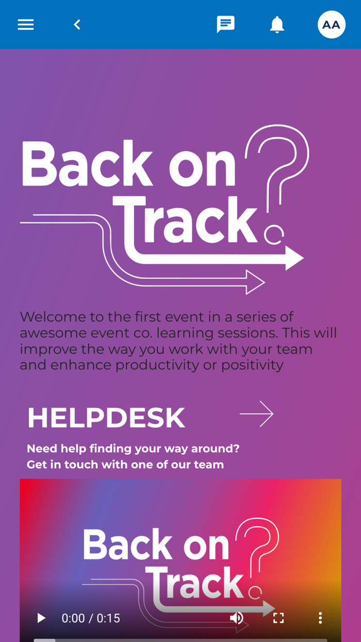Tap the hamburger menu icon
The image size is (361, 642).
tap(26, 25)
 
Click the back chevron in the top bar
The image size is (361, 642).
tap(77, 25)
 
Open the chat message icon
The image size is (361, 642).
tap(226, 24)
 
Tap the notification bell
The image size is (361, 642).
tap(277, 25)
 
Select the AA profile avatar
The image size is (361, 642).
tap(332, 25)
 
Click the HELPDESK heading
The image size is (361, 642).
tap(106, 418)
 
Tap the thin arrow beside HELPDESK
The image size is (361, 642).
tap(257, 414)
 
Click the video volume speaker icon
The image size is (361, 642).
tap(237, 618)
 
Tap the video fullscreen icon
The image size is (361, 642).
tap(278, 618)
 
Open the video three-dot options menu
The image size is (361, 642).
tap(320, 618)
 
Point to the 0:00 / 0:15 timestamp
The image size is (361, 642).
tap(91, 618)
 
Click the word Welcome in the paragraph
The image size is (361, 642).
tap(53, 317)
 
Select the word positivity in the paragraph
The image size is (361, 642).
tap(252, 365)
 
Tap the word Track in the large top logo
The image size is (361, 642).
tap(185, 219)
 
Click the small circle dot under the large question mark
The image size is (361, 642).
tap(274, 235)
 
